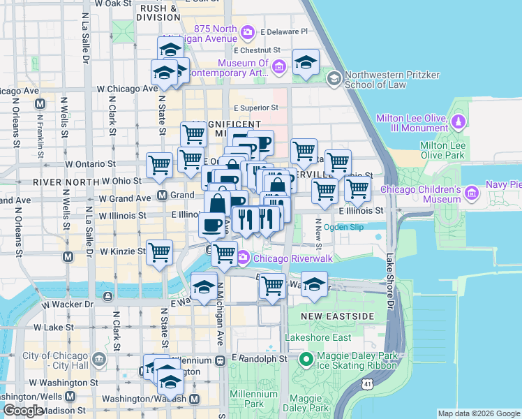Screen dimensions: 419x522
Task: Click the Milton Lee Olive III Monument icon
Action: pyautogui.click(x=458, y=123)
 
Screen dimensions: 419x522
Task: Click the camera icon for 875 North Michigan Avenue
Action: pyautogui.click(x=247, y=32)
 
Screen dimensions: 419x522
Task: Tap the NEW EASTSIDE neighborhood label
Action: pyautogui.click(x=328, y=316)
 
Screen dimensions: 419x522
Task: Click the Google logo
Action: pyautogui.click(x=24, y=411)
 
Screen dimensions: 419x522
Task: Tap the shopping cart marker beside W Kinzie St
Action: pyautogui.click(x=160, y=252)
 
